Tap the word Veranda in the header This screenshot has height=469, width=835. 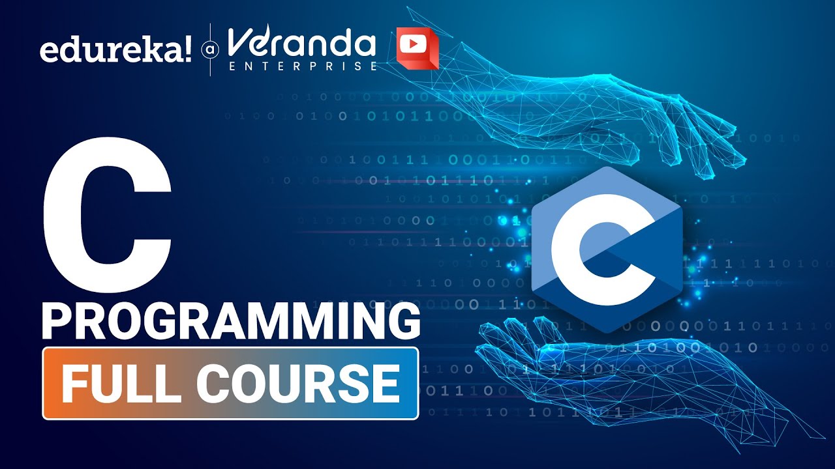[301, 44]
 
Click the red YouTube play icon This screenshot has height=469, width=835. [417, 48]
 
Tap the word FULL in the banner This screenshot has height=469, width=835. [120, 384]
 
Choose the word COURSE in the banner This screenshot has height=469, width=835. [297, 384]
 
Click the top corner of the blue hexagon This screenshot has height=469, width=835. [607, 167]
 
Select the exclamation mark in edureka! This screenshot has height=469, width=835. [187, 49]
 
